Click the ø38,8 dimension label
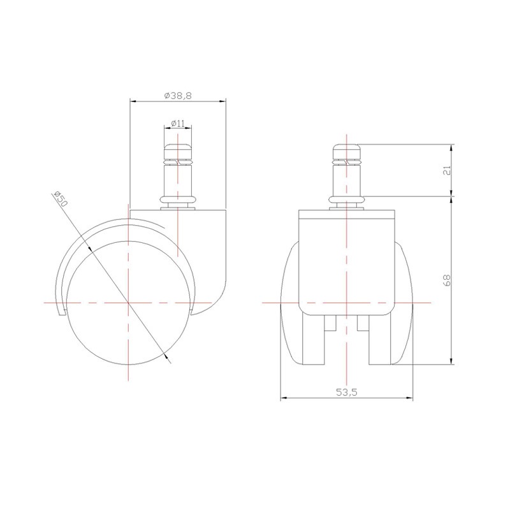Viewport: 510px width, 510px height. coord(178,96)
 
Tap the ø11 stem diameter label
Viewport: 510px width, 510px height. coord(178,123)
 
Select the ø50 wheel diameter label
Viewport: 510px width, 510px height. coord(60,199)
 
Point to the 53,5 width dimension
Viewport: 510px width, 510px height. coord(347,392)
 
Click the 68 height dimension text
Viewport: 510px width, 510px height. coord(447,280)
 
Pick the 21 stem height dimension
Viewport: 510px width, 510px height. coord(447,170)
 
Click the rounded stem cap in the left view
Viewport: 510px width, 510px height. coord(178,151)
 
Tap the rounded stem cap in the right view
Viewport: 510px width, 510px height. coord(347,151)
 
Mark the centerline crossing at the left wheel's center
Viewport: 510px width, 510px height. coord(129,302)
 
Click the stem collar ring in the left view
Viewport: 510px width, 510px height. coord(178,200)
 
